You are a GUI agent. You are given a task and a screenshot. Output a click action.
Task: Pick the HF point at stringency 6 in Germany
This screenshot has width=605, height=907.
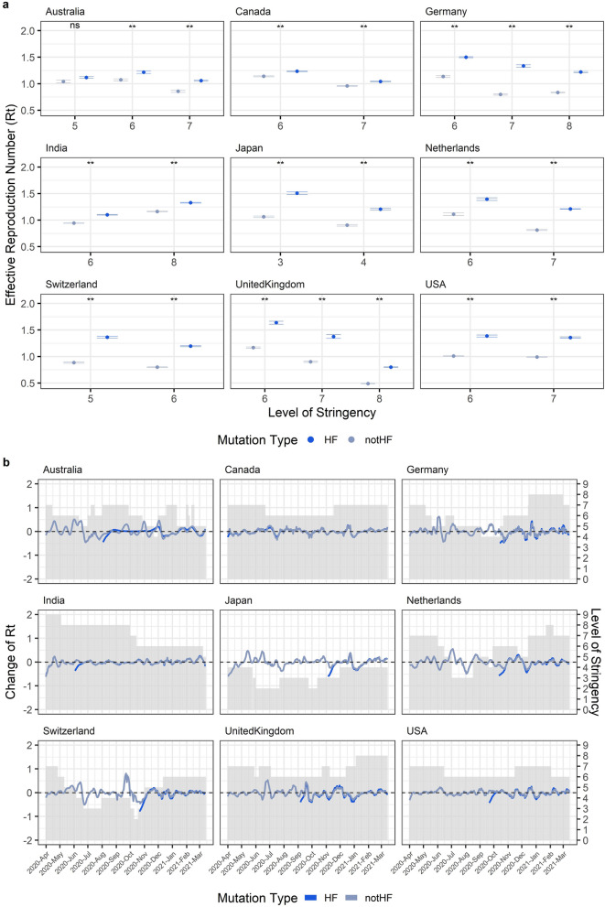click(x=466, y=57)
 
